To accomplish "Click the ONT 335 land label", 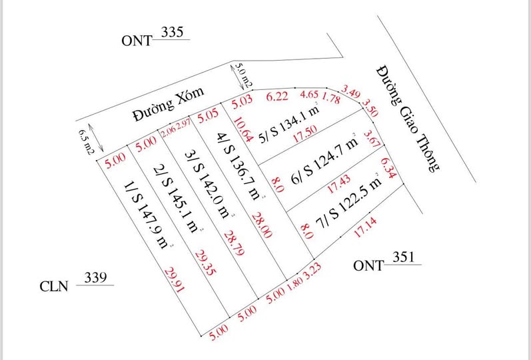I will [x=155, y=38].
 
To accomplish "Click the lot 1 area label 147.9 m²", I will [x=145, y=213].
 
